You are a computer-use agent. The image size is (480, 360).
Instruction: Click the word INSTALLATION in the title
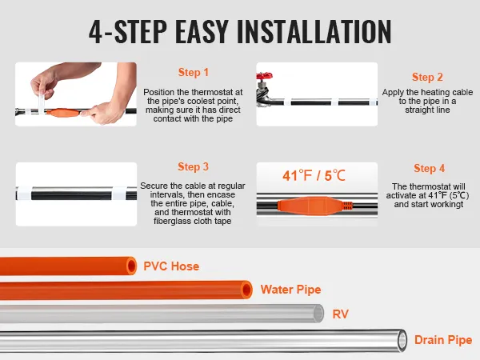pyautogui.click(x=314, y=31)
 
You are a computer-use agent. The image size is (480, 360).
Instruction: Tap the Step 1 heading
pyautogui.click(x=193, y=73)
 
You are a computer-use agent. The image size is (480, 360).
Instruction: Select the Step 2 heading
pyautogui.click(x=427, y=77)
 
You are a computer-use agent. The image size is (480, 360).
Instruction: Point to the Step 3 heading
pyautogui.click(x=193, y=167)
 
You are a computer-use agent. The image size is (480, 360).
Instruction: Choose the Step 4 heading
pyautogui.click(x=429, y=168)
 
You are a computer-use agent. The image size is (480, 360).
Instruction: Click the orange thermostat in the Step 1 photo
pyautogui.click(x=64, y=113)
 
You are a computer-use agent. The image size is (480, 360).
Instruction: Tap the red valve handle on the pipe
pyautogui.click(x=264, y=76)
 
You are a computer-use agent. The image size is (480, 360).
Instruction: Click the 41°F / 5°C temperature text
pyautogui.click(x=314, y=176)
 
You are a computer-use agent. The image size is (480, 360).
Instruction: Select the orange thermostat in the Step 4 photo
pyautogui.click(x=315, y=206)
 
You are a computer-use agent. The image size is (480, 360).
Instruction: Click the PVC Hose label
pyautogui.click(x=171, y=266)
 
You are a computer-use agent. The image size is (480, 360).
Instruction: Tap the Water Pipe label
pyautogui.click(x=291, y=290)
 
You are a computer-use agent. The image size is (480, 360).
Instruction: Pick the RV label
pyautogui.click(x=341, y=314)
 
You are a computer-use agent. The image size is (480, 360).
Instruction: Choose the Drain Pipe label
pyautogui.click(x=443, y=340)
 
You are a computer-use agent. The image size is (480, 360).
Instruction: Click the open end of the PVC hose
pyautogui.click(x=131, y=266)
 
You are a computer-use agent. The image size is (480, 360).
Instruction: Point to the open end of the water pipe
pyautogui.click(x=246, y=290)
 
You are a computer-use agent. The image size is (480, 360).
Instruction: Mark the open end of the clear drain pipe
pyautogui.click(x=402, y=340)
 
